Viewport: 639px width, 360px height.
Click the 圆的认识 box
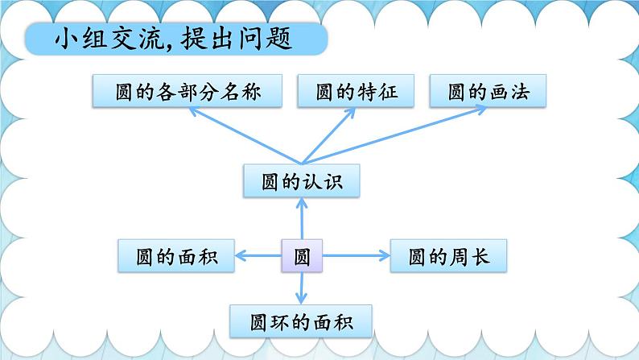pyautogui.click(x=301, y=181)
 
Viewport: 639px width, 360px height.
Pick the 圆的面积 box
pyautogui.click(x=175, y=257)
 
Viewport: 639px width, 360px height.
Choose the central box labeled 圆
pyautogui.click(x=302, y=257)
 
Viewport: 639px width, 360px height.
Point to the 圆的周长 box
pyautogui.click(x=448, y=257)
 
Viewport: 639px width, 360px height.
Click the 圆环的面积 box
pyautogui.click(x=302, y=321)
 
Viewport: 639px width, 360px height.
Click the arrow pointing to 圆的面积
pyautogui.click(x=258, y=257)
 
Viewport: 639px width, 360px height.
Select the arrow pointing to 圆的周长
pyautogui.click(x=354, y=257)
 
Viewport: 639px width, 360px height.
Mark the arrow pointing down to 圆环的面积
pyautogui.click(x=302, y=288)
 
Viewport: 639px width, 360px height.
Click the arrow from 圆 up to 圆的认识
pyautogui.click(x=302, y=219)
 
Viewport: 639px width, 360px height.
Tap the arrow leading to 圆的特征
pyautogui.click(x=330, y=133)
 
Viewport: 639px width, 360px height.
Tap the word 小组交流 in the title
pyautogui.click(x=87, y=39)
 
